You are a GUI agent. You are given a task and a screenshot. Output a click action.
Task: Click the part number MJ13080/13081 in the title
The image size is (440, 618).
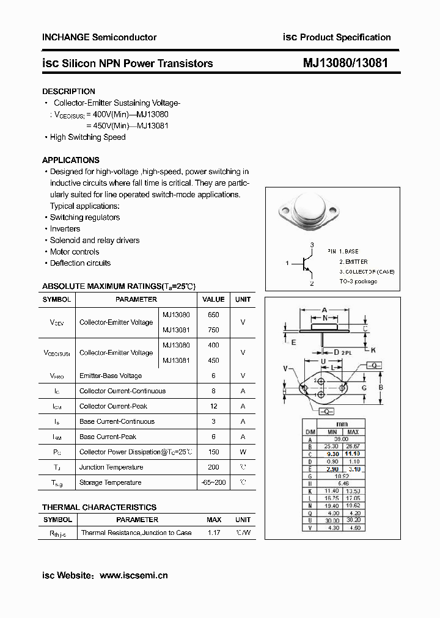tap(345, 63)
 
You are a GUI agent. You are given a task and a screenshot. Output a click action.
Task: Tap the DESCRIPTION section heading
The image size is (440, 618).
tap(68, 92)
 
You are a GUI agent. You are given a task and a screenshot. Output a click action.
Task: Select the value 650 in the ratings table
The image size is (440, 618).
tap(213, 314)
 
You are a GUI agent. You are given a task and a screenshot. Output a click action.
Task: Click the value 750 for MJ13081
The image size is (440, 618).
tap(213, 330)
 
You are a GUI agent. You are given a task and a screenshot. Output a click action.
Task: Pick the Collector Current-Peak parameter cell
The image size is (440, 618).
tap(113, 406)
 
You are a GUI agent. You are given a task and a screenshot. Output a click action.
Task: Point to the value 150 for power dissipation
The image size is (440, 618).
tap(213, 452)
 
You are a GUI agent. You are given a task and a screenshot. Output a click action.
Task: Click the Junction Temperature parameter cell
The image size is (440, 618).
tap(111, 467)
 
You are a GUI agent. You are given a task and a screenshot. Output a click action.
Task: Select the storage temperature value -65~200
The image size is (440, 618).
tap(213, 482)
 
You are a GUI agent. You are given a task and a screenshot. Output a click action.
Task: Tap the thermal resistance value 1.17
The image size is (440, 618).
tap(214, 533)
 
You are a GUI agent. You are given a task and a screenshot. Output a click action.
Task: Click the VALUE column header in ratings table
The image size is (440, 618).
tap(213, 299)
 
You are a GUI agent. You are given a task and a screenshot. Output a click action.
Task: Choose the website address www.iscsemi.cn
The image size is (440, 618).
tap(133, 575)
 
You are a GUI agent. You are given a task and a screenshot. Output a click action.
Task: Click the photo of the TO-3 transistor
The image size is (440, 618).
tap(310, 213)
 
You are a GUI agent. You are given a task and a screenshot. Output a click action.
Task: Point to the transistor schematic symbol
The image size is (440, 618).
tap(304, 264)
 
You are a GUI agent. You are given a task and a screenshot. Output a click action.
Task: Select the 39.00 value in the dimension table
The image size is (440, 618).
tap(341, 439)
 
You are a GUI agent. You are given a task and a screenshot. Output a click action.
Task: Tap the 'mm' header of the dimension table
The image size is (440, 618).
tap(341, 424)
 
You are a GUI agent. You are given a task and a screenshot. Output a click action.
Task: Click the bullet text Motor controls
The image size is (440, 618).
tap(75, 252)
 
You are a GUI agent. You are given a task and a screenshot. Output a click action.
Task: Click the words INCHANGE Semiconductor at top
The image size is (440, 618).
tap(99, 37)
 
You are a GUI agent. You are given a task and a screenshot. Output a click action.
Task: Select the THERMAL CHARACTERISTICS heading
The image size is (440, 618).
tap(99, 507)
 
